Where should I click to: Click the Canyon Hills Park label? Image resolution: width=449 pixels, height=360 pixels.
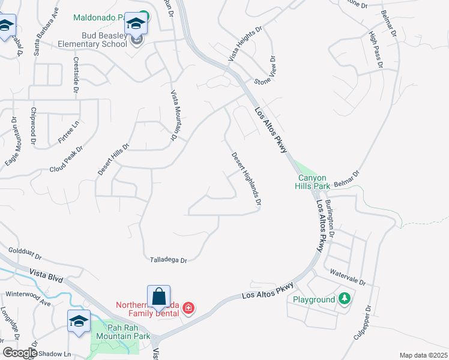[313, 182]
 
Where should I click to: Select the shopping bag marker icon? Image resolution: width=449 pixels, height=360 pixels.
[158, 298]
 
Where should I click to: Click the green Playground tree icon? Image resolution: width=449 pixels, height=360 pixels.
[344, 298]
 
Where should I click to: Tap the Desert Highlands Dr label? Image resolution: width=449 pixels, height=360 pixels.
[246, 179]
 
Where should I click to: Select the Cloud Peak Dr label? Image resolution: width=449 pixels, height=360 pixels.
[66, 158]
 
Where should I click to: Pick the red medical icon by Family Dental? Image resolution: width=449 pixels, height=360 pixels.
[188, 308]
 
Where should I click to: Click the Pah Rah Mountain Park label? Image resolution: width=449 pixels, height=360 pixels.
[128, 332]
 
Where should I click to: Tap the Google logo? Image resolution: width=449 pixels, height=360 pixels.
[20, 353]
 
